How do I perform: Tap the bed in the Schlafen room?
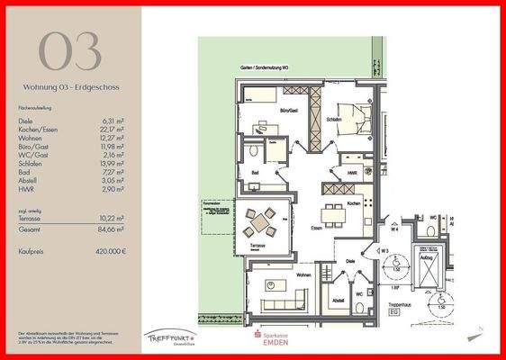[353, 118]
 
